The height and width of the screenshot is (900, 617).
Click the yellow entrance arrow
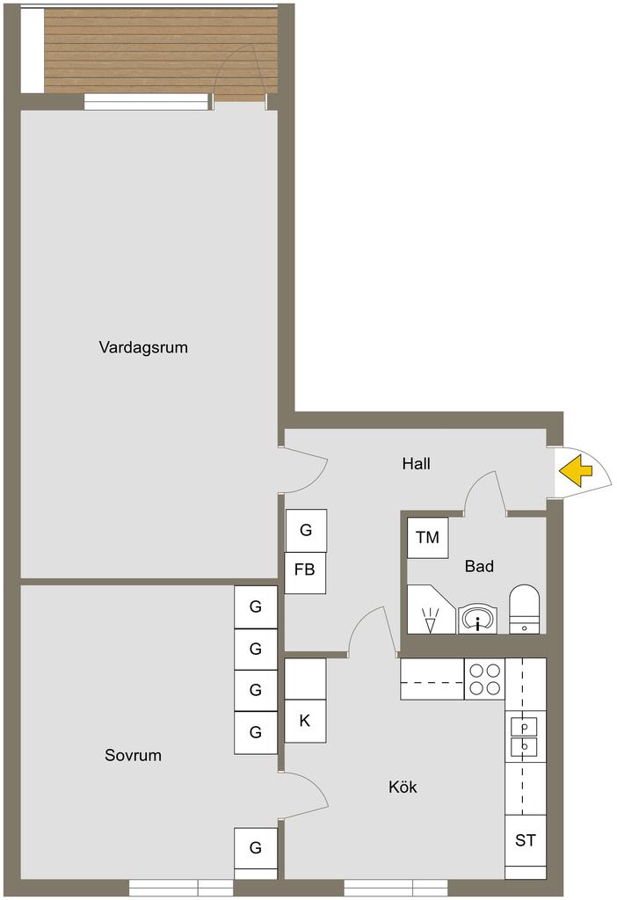[575, 471]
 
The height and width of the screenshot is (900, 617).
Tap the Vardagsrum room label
[143, 347]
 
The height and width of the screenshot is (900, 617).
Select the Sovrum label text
[133, 755]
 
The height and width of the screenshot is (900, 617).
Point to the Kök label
[403, 787]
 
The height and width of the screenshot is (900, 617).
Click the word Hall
[416, 463]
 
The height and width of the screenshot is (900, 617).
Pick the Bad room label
[479, 567]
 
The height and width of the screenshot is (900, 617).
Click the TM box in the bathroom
[427, 537]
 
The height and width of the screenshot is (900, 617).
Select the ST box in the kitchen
[526, 841]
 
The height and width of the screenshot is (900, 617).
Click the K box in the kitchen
[305, 721]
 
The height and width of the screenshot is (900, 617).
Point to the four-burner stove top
[484, 679]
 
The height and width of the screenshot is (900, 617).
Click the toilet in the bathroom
[524, 608]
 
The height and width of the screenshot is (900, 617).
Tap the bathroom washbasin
[478, 619]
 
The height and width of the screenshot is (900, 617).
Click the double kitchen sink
[524, 737]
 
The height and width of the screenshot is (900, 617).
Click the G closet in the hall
[305, 530]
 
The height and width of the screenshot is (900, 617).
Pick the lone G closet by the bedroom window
[256, 848]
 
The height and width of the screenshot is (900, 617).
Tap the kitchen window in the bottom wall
[396, 887]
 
